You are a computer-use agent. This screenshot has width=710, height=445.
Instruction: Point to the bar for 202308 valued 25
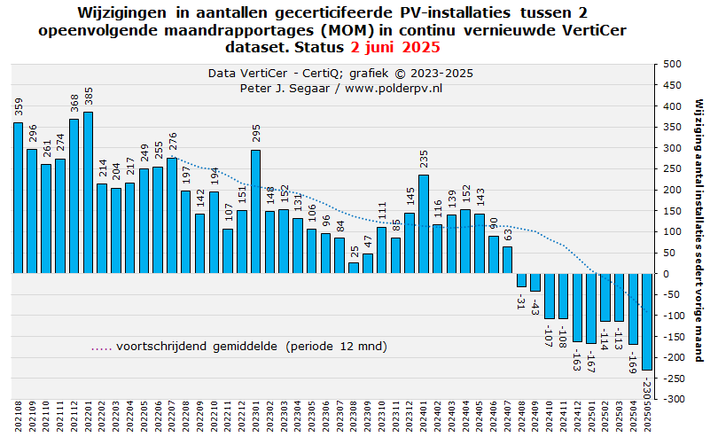[x=354, y=268]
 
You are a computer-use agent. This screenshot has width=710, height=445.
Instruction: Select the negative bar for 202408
[x=521, y=280]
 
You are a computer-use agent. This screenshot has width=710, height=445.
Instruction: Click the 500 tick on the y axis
[x=672, y=64]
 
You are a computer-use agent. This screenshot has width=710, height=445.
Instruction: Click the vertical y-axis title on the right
[x=699, y=230]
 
